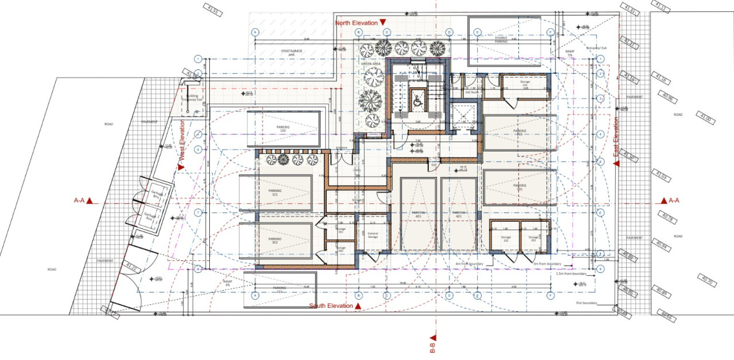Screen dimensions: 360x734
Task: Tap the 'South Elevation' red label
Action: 331,306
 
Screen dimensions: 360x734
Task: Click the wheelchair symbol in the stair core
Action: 417,101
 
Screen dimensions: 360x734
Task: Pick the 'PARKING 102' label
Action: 282,128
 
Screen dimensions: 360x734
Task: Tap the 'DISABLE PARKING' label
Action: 501,40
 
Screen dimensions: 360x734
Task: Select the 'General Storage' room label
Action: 373,235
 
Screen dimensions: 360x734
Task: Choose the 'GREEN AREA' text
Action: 371,64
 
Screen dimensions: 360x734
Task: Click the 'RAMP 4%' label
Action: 228,283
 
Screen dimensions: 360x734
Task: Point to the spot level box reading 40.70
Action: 706,280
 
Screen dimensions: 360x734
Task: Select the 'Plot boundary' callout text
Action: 587,303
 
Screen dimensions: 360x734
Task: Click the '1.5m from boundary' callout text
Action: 572,274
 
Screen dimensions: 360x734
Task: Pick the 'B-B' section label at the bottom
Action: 433,346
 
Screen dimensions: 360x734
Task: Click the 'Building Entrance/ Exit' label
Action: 189,98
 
